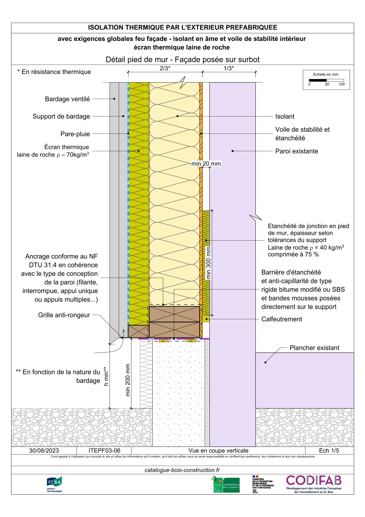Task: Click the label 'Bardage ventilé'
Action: click(x=67, y=99)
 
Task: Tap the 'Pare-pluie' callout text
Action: click(x=75, y=134)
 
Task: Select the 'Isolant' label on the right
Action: click(x=285, y=116)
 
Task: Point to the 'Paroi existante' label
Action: click(x=296, y=151)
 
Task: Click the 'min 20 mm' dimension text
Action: click(x=206, y=164)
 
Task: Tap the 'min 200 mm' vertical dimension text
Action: click(x=128, y=380)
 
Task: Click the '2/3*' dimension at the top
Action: click(x=165, y=68)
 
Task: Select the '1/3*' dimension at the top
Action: click(x=229, y=68)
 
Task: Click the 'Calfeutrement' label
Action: click(x=282, y=319)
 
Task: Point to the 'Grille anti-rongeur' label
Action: click(x=64, y=315)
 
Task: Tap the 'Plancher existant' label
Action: click(x=314, y=348)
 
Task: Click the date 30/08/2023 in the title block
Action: click(x=44, y=451)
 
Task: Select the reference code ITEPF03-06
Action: click(x=104, y=451)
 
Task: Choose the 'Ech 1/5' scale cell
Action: click(x=329, y=451)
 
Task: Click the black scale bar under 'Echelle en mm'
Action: click(x=318, y=80)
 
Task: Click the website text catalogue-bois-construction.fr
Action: click(x=182, y=470)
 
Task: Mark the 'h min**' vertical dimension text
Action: click(x=106, y=376)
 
